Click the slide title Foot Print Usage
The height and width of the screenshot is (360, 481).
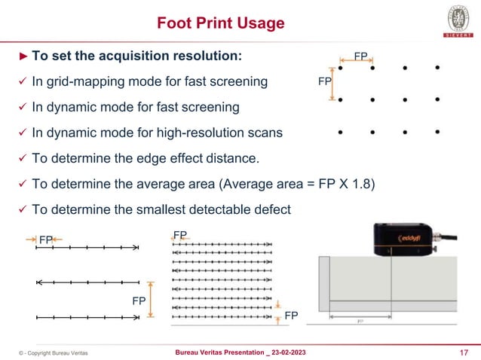pyautogui.click(x=220, y=23)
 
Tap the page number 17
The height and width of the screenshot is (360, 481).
pyautogui.click(x=463, y=352)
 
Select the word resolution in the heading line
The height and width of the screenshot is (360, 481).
pyautogui.click(x=210, y=56)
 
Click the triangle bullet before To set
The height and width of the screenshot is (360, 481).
pyautogui.click(x=23, y=56)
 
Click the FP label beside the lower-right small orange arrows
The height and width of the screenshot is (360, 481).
pyautogui.click(x=290, y=316)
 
